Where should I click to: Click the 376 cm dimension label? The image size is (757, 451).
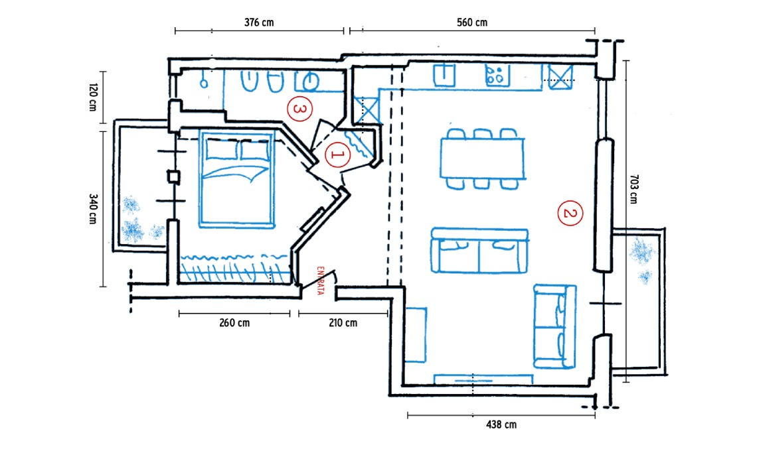point(259,23)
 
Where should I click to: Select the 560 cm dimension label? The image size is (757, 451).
point(471,23)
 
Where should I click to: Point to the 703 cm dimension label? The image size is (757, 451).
point(633,189)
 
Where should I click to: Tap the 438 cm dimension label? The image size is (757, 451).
point(501,425)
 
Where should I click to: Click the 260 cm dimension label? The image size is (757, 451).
point(234,323)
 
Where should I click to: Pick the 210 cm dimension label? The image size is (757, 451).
point(343,323)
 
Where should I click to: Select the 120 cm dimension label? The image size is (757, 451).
point(93,97)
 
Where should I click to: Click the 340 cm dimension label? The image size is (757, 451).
point(93,209)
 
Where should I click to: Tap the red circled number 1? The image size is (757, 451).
point(337,155)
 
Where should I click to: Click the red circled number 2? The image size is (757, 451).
point(570,213)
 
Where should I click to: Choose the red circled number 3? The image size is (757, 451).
point(299,109)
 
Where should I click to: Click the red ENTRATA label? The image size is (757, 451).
point(320,281)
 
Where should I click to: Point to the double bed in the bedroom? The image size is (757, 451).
point(236,178)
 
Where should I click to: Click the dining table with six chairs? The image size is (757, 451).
point(482,159)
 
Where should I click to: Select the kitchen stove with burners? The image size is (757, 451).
point(496,76)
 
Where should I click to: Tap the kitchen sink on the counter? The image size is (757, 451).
point(444,75)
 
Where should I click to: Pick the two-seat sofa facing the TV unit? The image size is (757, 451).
point(479,251)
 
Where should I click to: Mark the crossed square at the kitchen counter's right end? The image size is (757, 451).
point(560,78)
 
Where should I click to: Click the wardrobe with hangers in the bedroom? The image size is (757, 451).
point(236,268)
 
